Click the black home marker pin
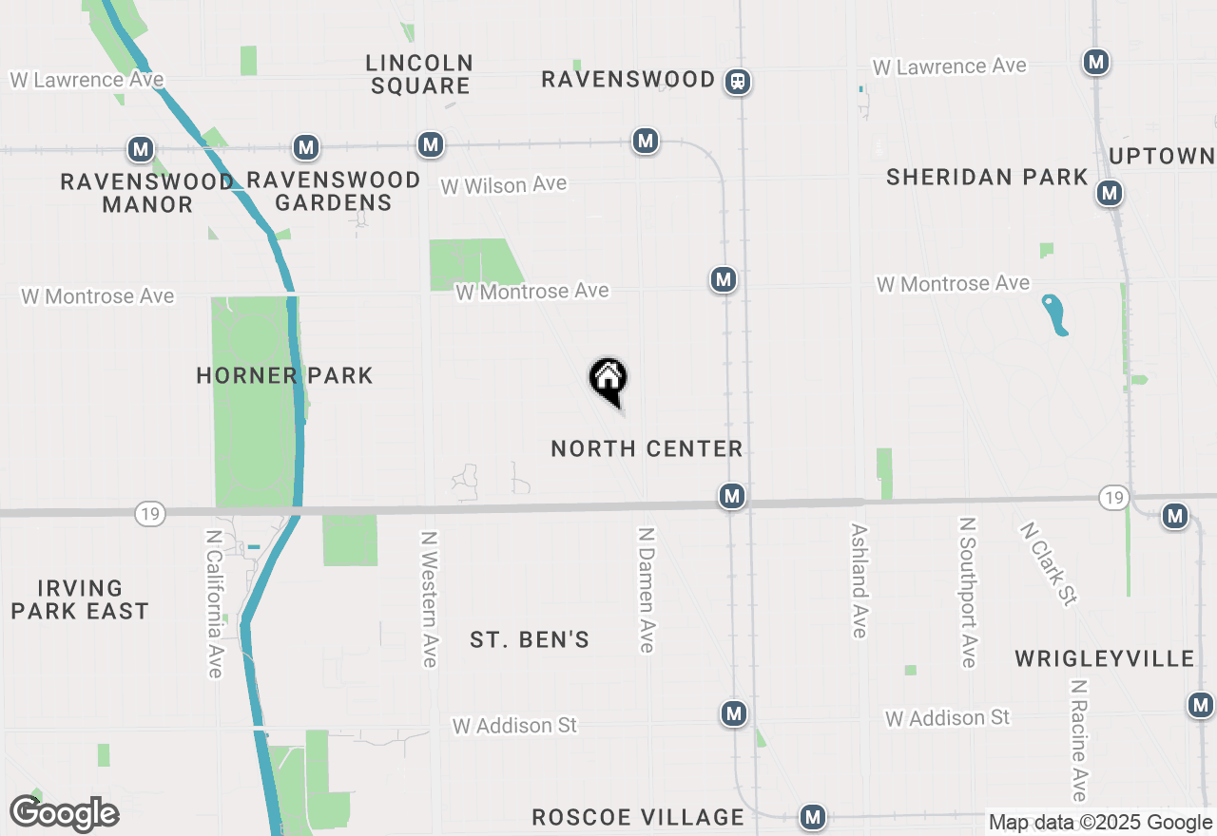tap(608, 380)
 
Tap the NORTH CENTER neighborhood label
tap(647, 448)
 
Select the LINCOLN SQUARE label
tap(419, 74)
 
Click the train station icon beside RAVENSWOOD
tap(738, 82)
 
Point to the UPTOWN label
tap(1162, 156)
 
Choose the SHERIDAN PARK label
tap(987, 177)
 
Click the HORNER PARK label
tap(284, 375)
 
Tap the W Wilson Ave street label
tap(504, 184)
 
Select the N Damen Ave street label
tap(647, 590)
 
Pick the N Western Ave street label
tap(429, 598)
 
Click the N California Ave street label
tap(214, 603)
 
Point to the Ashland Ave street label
tap(860, 580)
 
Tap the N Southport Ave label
tap(968, 592)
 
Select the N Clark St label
tap(1049, 563)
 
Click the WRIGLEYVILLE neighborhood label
tap(1104, 658)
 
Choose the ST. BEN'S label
tap(530, 640)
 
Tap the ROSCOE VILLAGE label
tap(638, 817)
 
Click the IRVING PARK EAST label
tap(80, 599)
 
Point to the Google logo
tap(64, 813)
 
